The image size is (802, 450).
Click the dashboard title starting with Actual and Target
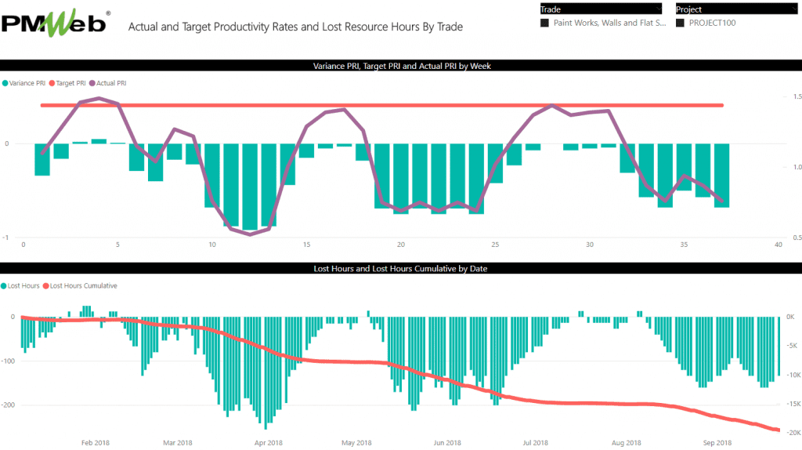click(295, 27)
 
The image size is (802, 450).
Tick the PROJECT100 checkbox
click(680, 24)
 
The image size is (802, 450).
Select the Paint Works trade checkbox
click(544, 24)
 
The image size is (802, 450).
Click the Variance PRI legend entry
click(25, 82)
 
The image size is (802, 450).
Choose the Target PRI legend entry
click(70, 82)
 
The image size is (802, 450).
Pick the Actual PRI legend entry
click(110, 82)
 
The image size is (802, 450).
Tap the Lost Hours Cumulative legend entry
click(83, 285)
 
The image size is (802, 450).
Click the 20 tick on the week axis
click(400, 245)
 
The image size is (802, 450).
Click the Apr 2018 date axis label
click(268, 443)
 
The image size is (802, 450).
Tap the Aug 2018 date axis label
click(628, 443)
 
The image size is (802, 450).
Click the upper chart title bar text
click(400, 66)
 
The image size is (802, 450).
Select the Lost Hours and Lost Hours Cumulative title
click(400, 268)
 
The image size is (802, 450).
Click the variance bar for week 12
click(249, 186)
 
